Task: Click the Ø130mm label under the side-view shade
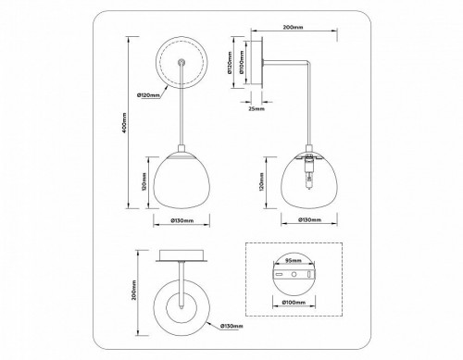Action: click(308, 221)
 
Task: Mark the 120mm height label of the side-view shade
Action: click(263, 185)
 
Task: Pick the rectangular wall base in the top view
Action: click(181, 256)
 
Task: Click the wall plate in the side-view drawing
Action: click(257, 66)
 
